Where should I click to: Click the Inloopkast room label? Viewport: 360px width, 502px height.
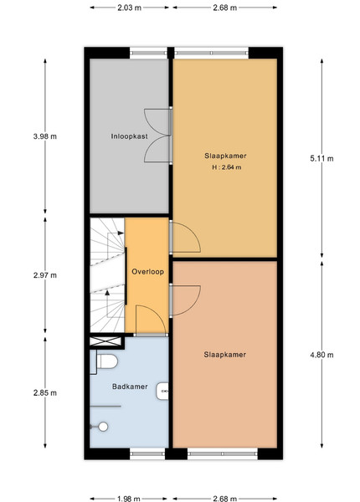[130, 136]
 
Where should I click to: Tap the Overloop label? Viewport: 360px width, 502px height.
[147, 271]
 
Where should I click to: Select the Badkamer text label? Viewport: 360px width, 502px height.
[130, 387]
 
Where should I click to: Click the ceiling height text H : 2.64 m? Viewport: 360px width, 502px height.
[226, 167]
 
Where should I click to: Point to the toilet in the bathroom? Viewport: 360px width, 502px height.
[107, 361]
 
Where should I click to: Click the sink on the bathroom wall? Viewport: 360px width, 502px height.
[162, 392]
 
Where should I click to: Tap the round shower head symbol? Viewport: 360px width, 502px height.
[103, 427]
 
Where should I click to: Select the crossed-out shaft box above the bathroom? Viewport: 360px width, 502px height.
[105, 341]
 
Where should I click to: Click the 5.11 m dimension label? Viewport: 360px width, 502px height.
[321, 158]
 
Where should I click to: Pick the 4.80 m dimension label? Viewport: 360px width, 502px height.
[321, 355]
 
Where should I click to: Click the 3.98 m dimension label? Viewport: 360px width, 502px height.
[45, 136]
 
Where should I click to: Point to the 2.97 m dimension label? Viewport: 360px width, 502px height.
[45, 275]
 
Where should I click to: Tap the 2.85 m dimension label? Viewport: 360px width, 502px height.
[45, 392]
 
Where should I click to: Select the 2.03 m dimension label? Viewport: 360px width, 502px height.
[129, 8]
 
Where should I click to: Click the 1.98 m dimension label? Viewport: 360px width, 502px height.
[128, 499]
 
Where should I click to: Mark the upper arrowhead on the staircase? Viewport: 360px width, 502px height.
[121, 233]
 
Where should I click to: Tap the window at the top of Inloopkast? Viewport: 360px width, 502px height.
[148, 54]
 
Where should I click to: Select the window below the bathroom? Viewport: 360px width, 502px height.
[147, 453]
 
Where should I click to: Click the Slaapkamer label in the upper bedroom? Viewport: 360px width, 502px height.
[225, 156]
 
